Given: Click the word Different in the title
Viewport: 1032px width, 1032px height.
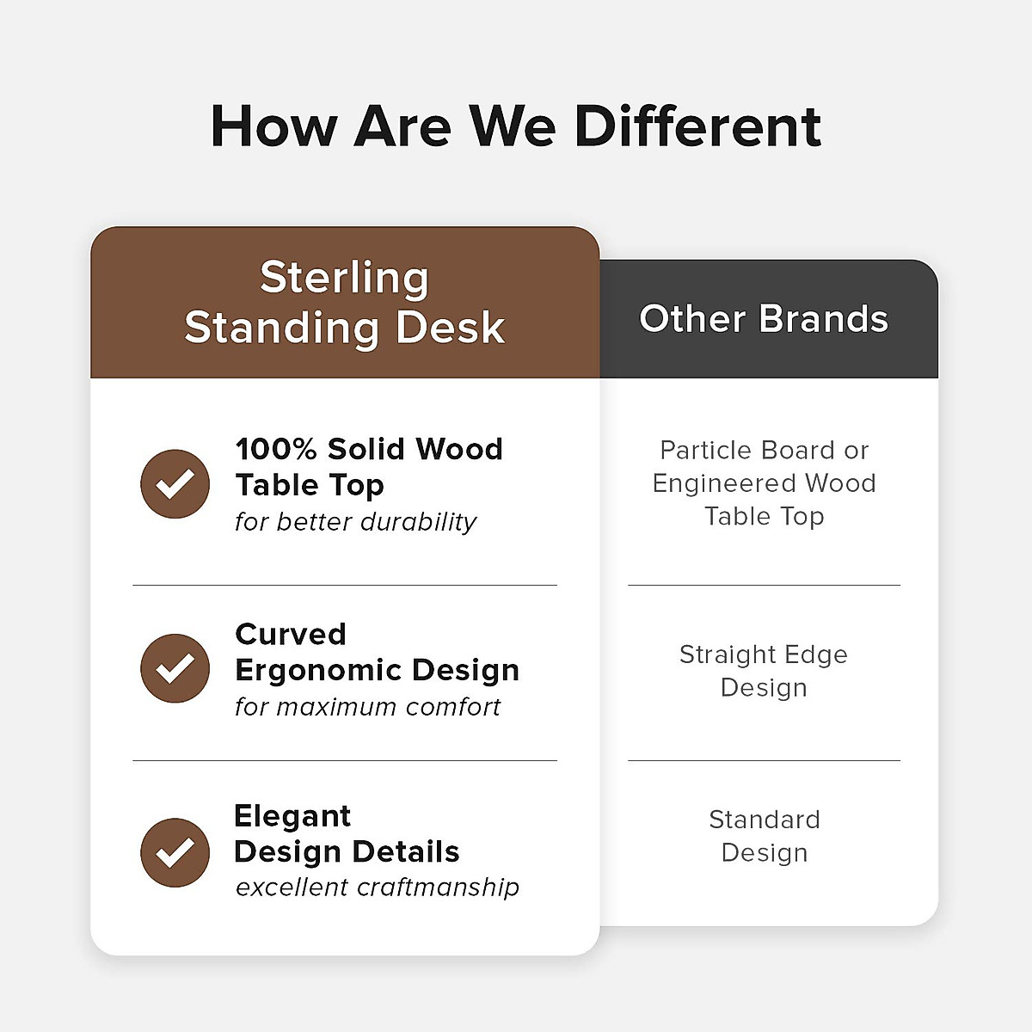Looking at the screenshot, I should click(697, 126).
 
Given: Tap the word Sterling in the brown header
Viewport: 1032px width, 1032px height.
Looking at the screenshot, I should click(344, 278).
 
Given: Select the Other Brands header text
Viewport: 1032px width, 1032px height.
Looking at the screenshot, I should click(763, 319).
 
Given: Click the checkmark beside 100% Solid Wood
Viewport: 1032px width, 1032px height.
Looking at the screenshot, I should click(175, 484).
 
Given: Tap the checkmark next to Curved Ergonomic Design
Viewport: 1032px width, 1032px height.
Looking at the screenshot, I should click(175, 668).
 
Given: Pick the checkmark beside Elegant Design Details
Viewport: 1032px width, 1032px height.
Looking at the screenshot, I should click(175, 852).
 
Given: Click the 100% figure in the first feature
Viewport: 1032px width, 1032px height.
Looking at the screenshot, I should click(276, 449).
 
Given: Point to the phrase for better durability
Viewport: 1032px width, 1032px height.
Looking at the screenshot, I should click(355, 522).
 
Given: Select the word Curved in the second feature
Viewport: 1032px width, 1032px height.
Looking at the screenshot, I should click(291, 635).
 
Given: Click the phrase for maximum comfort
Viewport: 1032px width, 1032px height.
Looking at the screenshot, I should click(367, 707).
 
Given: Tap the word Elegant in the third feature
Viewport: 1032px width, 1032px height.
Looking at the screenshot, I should click(292, 816).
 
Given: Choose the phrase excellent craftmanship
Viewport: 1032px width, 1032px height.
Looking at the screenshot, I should click(378, 888).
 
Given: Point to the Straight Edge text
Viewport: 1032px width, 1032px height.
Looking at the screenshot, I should click(763, 655).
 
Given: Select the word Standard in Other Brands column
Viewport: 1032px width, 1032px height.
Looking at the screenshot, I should click(764, 820).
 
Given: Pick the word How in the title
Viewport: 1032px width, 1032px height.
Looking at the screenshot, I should click(273, 126).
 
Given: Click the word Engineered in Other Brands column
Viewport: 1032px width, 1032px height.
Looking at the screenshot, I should click(726, 483).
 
